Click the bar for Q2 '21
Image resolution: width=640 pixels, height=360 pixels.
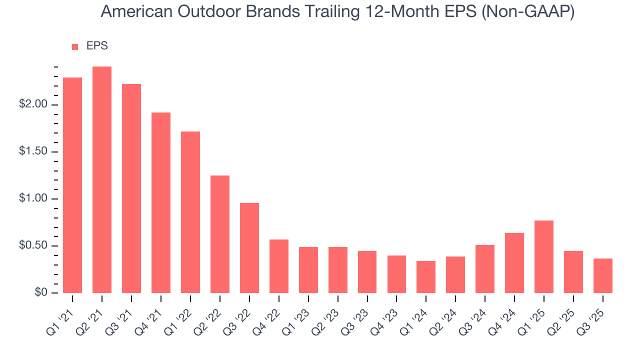(102, 179)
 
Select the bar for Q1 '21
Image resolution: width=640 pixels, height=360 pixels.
(72, 185)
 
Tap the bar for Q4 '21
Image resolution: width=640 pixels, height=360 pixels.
(161, 202)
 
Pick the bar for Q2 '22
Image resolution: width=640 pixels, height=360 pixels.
(220, 234)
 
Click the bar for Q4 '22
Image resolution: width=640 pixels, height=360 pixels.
(279, 266)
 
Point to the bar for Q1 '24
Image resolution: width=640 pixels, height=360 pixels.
(426, 277)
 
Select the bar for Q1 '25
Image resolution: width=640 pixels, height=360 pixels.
(544, 256)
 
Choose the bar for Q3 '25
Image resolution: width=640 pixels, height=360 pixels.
(603, 275)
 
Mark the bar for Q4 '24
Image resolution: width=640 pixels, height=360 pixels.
(514, 263)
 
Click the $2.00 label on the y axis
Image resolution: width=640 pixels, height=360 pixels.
(33, 104)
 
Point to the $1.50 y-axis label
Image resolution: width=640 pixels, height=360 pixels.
(33, 151)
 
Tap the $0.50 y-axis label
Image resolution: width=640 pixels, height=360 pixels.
(33, 246)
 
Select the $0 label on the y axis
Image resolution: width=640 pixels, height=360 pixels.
(41, 292)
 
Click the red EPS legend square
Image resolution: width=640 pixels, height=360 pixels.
(75, 46)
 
